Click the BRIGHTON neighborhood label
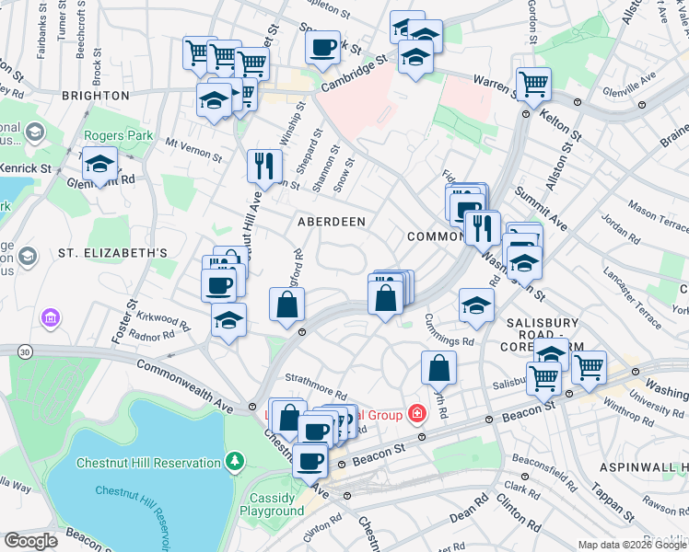96,96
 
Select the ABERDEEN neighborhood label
331,222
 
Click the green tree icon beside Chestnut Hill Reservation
237,458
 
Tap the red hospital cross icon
417,413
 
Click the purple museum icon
49,318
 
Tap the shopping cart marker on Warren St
533,84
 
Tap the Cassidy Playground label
271,504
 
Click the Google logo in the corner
30,541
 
